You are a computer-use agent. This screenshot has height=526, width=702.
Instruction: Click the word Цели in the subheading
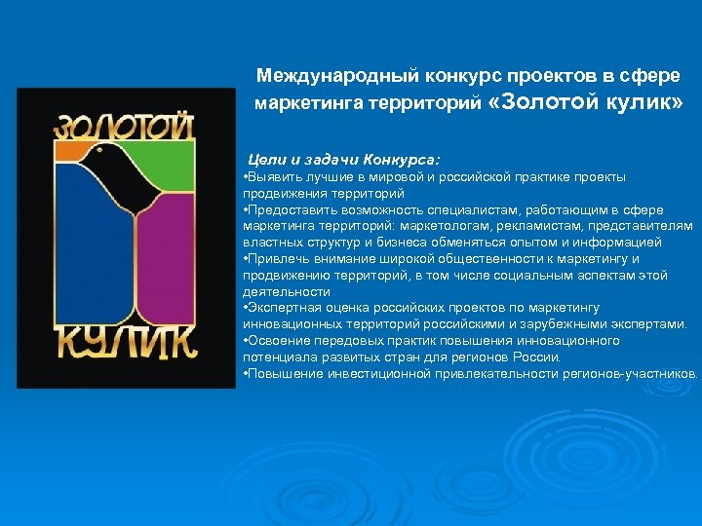[x=266, y=159]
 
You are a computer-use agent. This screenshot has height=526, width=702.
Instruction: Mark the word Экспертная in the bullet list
[x=280, y=308]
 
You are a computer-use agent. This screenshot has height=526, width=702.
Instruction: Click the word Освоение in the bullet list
[x=275, y=340]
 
